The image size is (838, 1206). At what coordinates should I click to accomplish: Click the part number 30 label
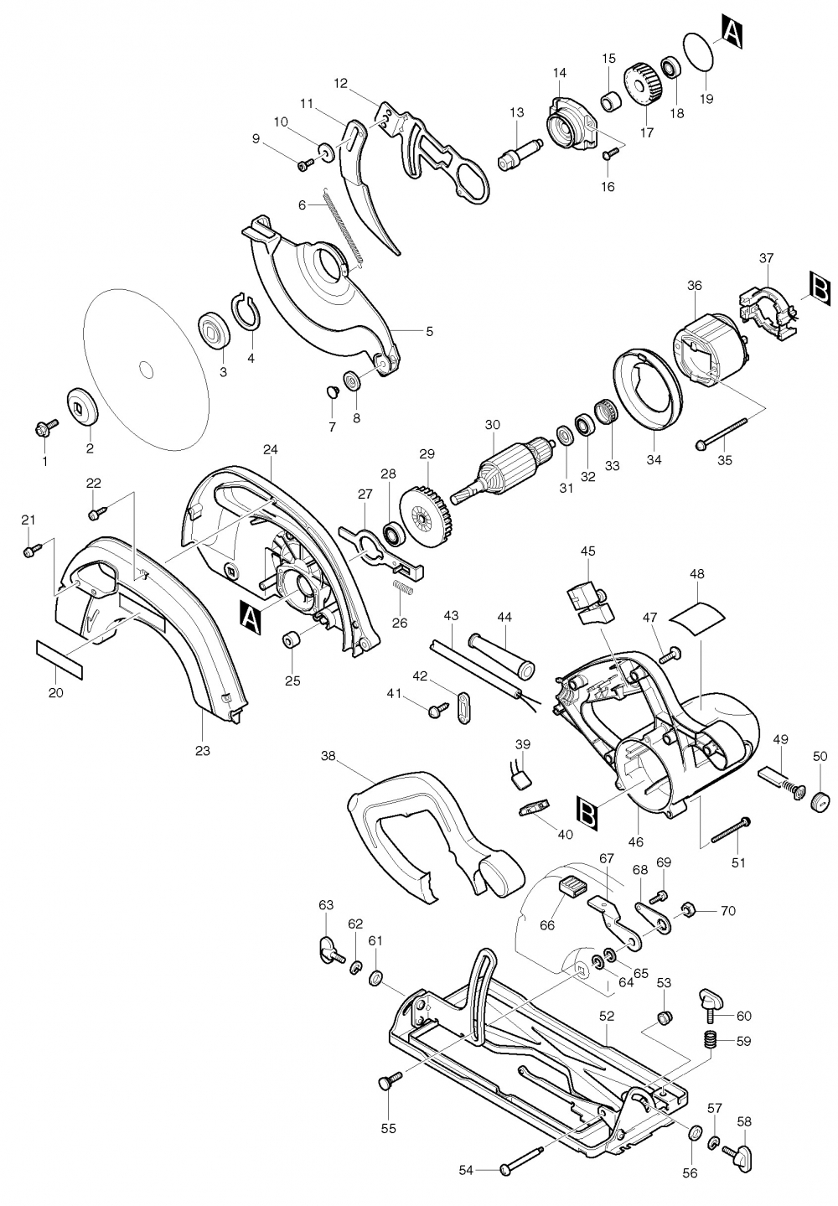[492, 425]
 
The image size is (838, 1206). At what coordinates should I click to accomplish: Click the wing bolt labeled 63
[329, 950]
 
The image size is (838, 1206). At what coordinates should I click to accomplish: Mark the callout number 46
[636, 841]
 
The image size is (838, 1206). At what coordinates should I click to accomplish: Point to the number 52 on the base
[608, 1016]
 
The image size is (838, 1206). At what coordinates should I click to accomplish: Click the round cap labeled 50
[819, 800]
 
